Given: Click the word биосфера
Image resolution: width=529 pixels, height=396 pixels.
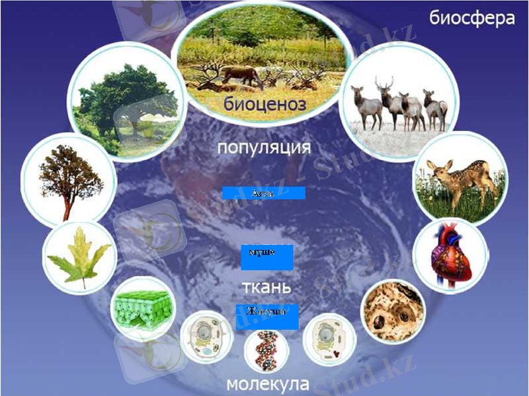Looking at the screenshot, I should pos(471,17).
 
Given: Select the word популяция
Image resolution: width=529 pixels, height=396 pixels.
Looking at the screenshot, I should pos(264,147).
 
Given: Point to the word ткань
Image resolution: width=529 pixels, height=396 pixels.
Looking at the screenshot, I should pos(267,288).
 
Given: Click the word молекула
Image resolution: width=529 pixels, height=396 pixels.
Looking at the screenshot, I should pos(267,384).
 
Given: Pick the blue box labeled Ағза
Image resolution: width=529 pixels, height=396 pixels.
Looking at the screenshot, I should pos(263,193).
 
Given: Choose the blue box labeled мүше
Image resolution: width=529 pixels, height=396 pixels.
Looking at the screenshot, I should pos(266,257).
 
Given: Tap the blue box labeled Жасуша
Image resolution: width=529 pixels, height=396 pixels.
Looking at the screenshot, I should pos(266,317).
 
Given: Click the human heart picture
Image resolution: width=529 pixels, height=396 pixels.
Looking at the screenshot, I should pos(450,255).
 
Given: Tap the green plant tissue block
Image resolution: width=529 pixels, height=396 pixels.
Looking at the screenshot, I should pos(142,308).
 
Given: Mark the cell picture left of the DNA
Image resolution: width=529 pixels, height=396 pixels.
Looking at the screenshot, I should pos(205,337).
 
